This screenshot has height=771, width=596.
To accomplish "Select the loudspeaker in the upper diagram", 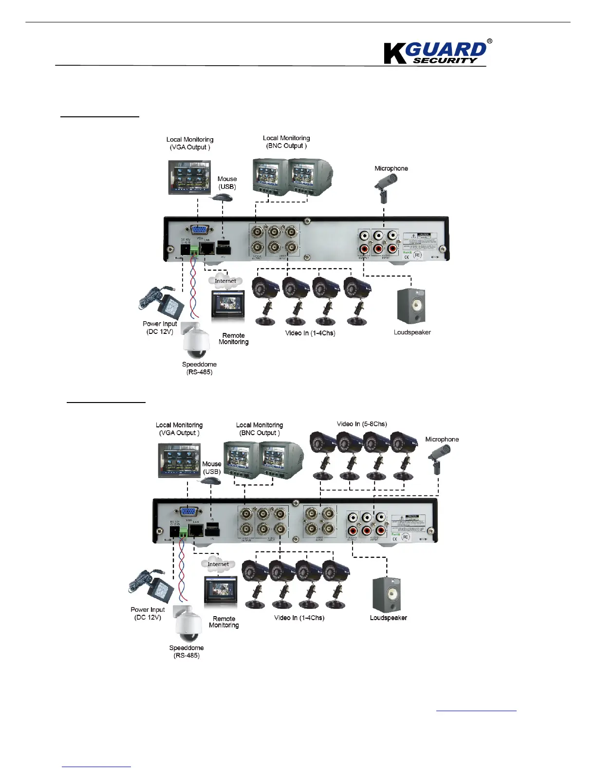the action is [411, 306].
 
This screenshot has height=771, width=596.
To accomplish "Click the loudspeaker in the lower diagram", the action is [387, 594].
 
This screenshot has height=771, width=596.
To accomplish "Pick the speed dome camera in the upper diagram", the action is [196, 339].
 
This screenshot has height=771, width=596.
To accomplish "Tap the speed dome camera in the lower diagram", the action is [188, 624].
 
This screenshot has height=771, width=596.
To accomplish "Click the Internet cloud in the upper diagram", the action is [225, 281].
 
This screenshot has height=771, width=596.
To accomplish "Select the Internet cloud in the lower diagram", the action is [218, 564].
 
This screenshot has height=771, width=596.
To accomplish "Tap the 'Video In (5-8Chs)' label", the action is [362, 424].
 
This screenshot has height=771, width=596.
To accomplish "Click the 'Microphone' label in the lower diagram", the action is [442, 439].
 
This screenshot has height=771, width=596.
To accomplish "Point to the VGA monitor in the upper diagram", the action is [189, 177].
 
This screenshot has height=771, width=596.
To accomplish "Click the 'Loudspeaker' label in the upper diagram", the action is [412, 332].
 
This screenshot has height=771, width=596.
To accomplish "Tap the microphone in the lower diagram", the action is [438, 458].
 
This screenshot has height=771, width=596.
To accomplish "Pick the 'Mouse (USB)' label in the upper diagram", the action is [227, 183].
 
